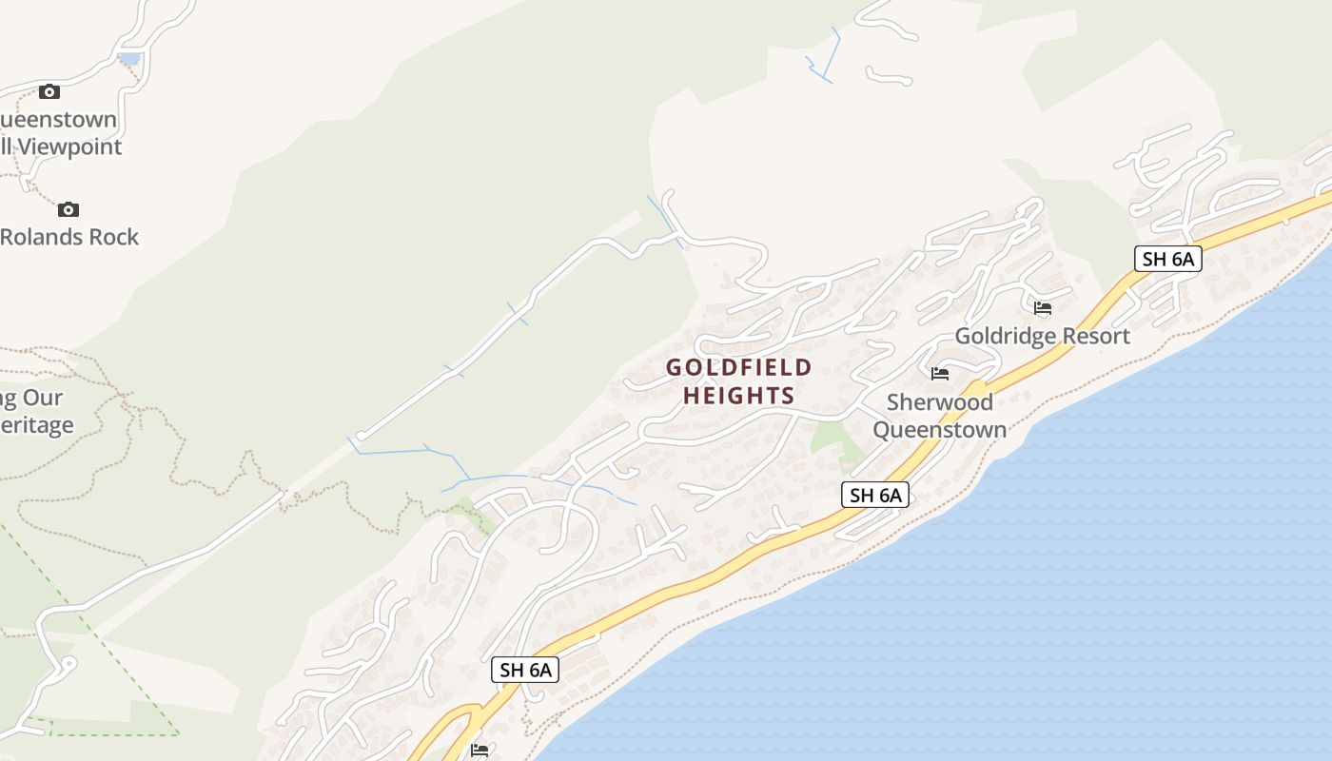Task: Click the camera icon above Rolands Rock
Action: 69,209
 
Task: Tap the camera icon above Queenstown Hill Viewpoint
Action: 49,92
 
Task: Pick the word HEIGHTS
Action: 739,396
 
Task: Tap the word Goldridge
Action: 1006,336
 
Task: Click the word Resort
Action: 1096,336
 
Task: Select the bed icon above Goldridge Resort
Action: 1043,308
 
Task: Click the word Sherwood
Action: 940,401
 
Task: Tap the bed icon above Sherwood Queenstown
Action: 940,374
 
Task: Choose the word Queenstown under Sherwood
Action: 940,429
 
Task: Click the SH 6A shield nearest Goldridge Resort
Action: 1167,258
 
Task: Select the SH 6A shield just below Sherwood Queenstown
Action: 875,495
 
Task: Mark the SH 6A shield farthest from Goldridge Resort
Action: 526,670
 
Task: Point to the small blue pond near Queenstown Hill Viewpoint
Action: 128,59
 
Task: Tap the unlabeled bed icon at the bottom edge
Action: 480,751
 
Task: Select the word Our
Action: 44,398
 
